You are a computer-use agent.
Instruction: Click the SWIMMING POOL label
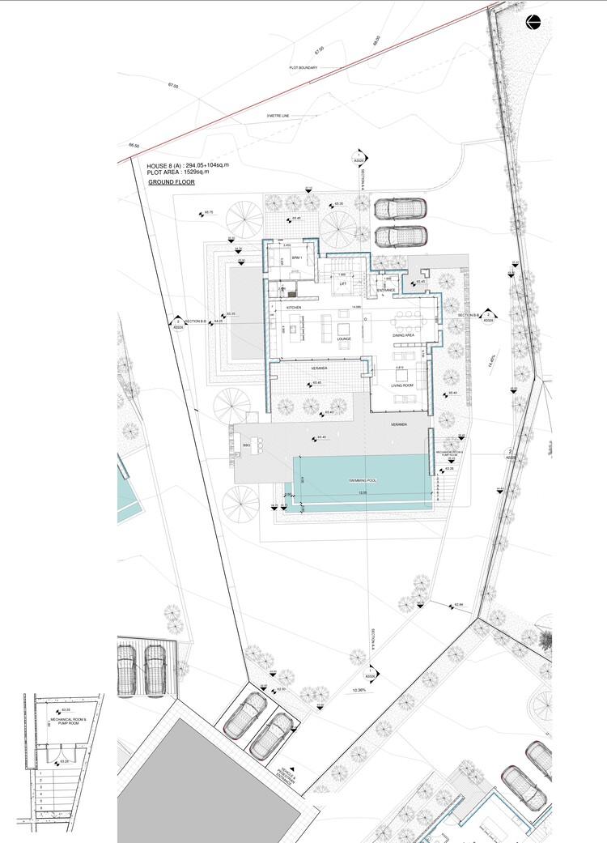pyautogui.click(x=363, y=481)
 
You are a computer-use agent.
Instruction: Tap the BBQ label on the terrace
pyautogui.click(x=246, y=445)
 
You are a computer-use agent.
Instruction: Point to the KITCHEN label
pyautogui.click(x=293, y=309)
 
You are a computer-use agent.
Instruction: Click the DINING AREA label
pyautogui.click(x=403, y=334)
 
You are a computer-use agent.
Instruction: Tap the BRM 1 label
pyautogui.click(x=296, y=258)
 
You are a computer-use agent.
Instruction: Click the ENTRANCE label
pyautogui.click(x=385, y=290)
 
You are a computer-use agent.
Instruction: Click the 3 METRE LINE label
pyautogui.click(x=278, y=117)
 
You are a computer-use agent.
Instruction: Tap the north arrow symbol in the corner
pyautogui.click(x=533, y=23)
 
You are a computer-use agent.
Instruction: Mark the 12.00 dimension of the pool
pyautogui.click(x=363, y=492)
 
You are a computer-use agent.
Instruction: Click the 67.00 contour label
pyautogui.click(x=172, y=85)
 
